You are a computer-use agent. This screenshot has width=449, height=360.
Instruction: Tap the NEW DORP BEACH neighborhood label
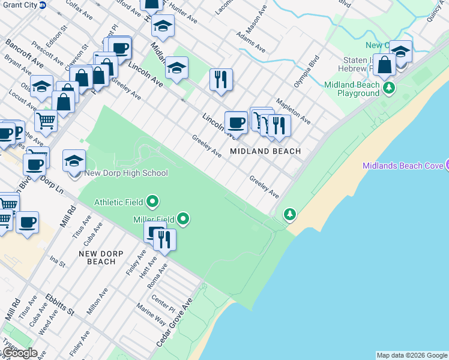tap(97, 257)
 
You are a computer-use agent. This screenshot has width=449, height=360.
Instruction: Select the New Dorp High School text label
tap(125, 173)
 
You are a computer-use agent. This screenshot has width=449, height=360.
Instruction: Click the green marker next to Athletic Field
tap(153, 202)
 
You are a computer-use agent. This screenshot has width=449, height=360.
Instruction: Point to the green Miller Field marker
tap(184, 220)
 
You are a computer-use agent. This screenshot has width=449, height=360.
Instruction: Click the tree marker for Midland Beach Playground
tap(390, 89)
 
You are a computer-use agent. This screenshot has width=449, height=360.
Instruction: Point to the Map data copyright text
tap(411, 355)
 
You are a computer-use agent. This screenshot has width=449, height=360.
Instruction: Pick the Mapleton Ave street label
tap(293, 112)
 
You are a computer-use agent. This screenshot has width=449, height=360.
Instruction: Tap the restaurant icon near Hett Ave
tap(164, 240)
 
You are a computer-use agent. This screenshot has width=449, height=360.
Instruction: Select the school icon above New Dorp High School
tap(74, 161)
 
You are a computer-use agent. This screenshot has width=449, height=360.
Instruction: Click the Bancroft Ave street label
tap(25, 53)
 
